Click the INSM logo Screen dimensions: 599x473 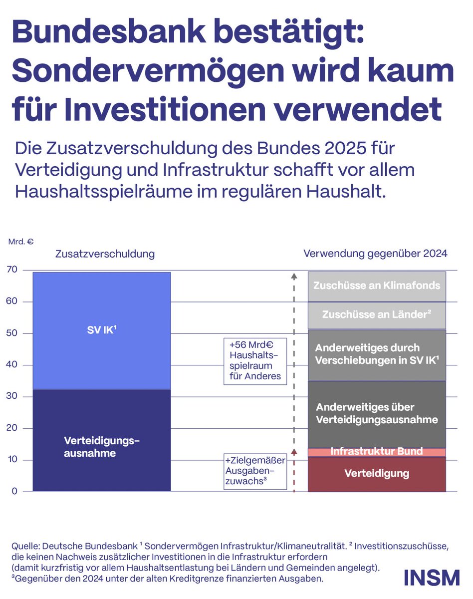(x=432, y=577)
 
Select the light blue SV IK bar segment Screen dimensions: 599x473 (x=102, y=330)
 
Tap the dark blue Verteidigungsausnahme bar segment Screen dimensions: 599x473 (x=102, y=441)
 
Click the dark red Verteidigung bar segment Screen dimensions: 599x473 (x=377, y=474)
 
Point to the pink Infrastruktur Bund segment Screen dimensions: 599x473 (x=377, y=452)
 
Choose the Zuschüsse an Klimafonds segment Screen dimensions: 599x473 (x=377, y=286)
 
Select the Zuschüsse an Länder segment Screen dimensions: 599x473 (x=377, y=315)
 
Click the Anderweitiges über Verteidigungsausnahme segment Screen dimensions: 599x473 (x=377, y=414)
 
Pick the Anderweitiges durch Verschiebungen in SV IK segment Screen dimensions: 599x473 (x=377, y=354)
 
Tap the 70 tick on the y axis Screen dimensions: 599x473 (x=11, y=270)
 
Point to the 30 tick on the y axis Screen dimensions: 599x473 (x=11, y=396)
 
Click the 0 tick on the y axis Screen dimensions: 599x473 (x=14, y=491)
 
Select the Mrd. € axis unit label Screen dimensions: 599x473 (x=20, y=242)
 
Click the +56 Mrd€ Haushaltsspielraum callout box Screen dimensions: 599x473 (x=255, y=361)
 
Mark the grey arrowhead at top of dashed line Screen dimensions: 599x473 (x=294, y=275)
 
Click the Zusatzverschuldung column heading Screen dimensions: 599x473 (x=105, y=254)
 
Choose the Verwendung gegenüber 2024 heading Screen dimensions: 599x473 (x=375, y=254)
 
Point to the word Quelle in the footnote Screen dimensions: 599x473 (x=28, y=547)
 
